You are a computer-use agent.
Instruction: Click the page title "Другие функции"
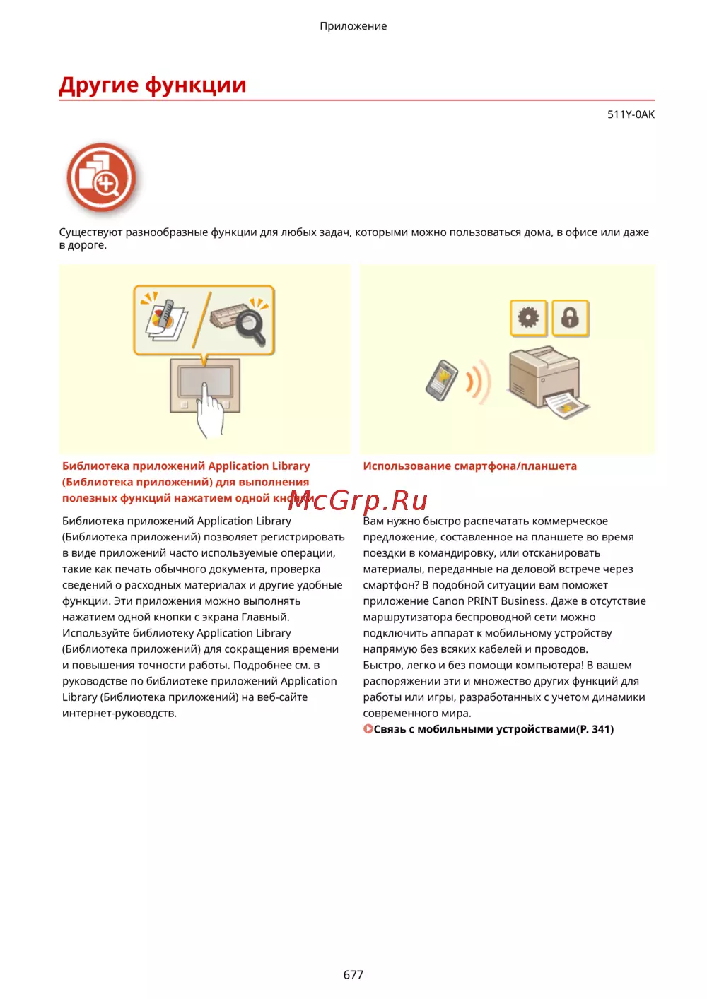[x=152, y=85]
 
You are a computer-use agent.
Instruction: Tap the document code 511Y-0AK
[x=631, y=114]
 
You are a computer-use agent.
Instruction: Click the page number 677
[x=353, y=974]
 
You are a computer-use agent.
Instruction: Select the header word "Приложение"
[x=353, y=26]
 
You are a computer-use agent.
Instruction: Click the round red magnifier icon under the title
[x=101, y=177]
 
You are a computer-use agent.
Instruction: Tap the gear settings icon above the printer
[x=528, y=318]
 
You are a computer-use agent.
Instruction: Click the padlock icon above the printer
[x=570, y=318]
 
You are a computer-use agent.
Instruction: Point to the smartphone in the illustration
[x=441, y=380]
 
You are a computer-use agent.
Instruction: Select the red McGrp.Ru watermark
[x=358, y=501]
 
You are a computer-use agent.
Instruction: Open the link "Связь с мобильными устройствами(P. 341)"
[x=493, y=729]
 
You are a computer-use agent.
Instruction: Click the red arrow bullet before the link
[x=368, y=728]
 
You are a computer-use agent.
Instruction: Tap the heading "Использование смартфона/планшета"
[x=469, y=466]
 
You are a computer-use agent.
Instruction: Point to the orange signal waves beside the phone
[x=478, y=382]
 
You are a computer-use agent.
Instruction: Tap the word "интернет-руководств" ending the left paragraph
[x=118, y=713]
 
